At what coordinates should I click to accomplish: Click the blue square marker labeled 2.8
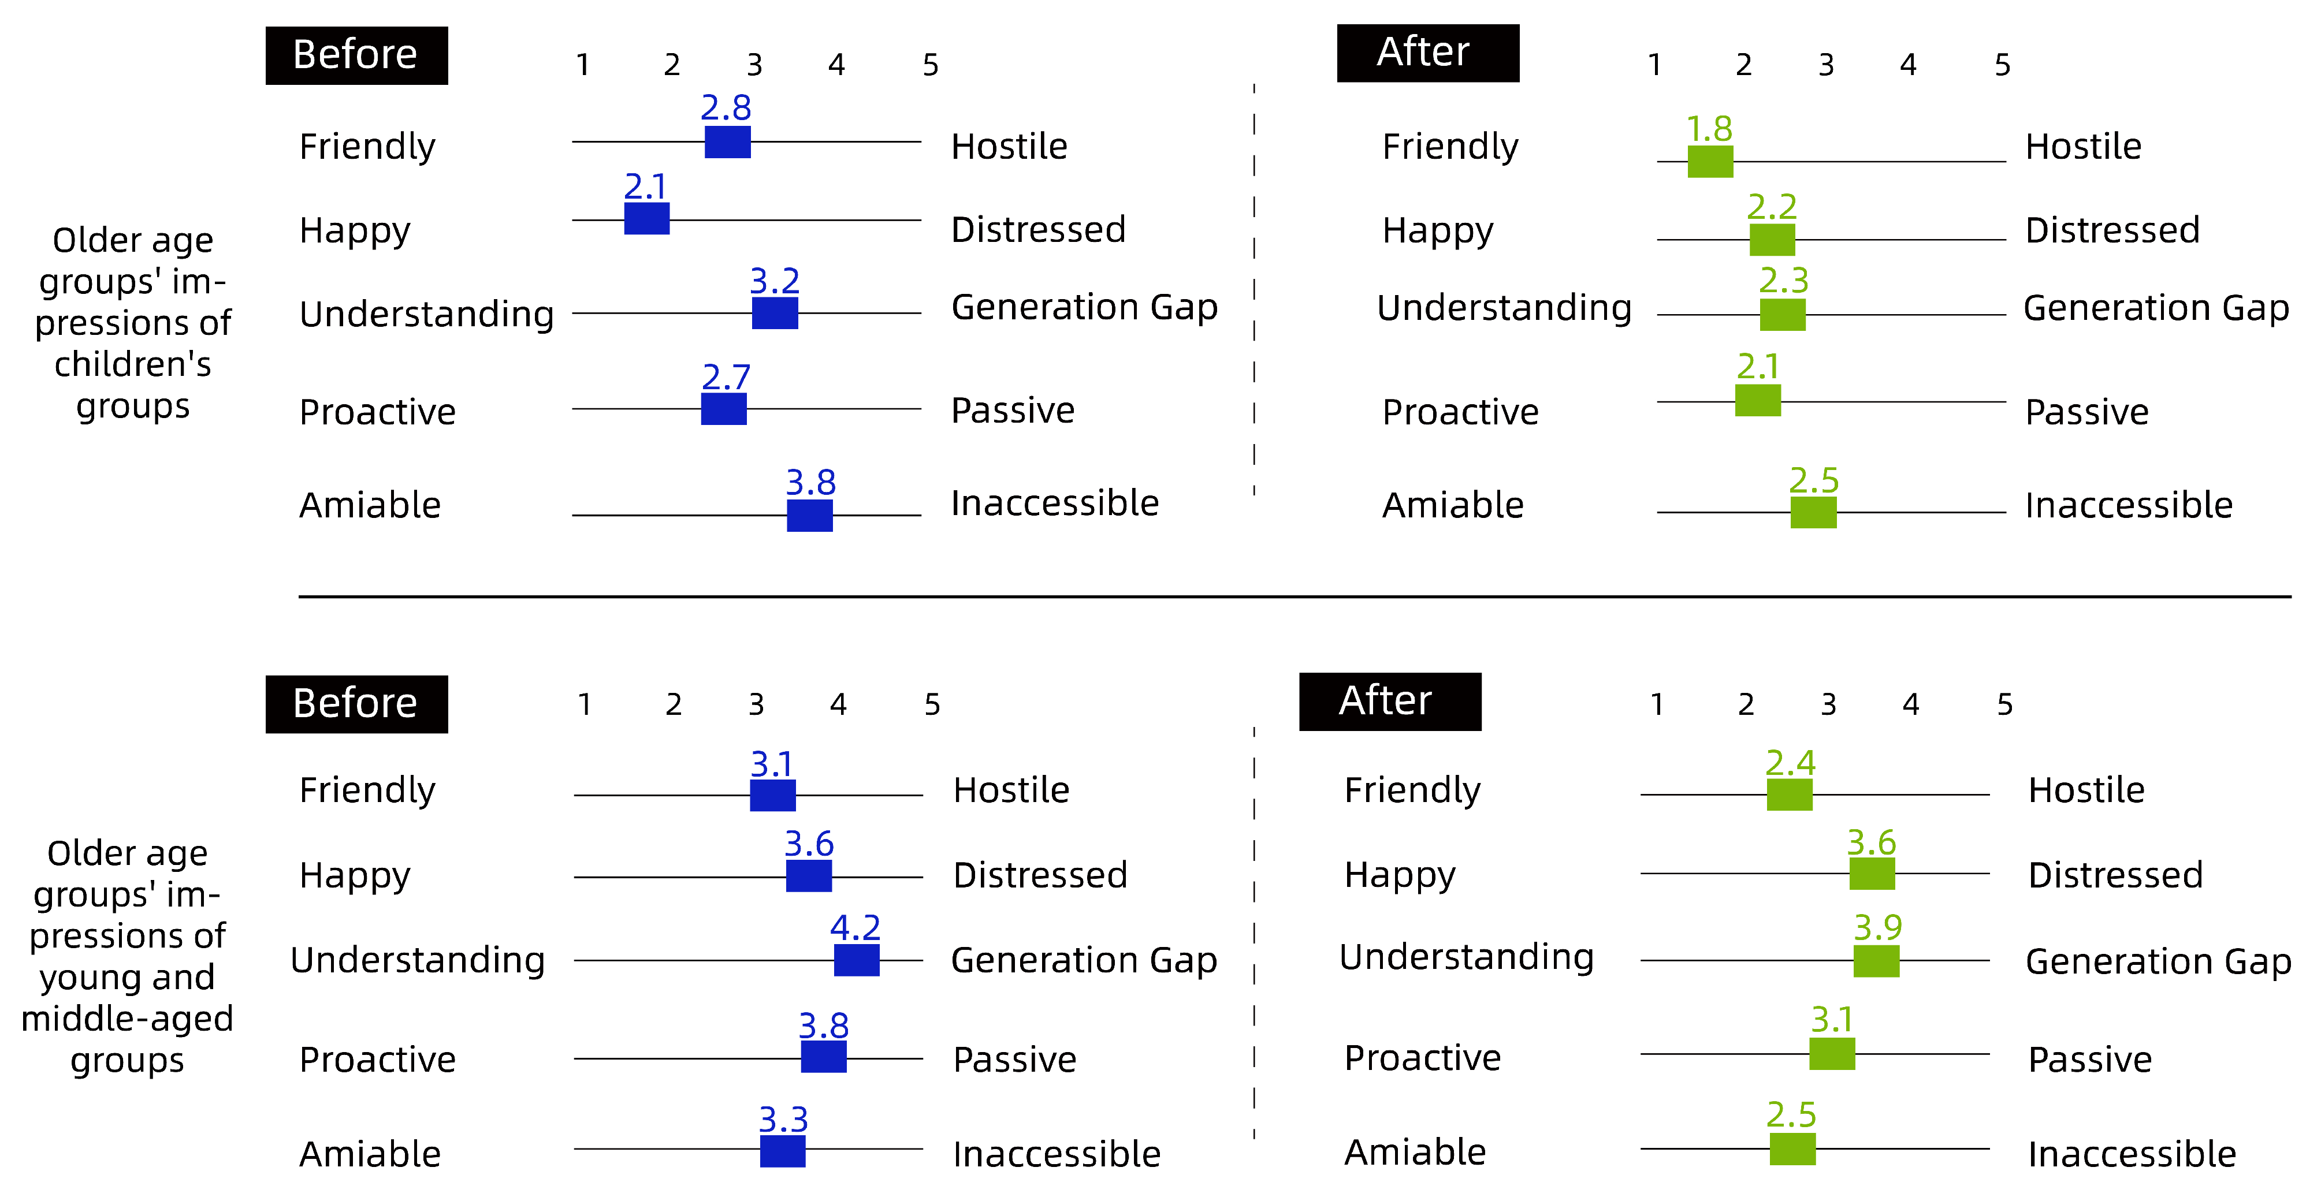pyautogui.click(x=727, y=142)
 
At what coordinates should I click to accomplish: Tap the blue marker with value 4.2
pyautogui.click(x=856, y=960)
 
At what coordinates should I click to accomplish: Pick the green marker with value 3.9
pyautogui.click(x=1876, y=961)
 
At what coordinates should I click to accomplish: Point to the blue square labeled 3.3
pyautogui.click(x=782, y=1150)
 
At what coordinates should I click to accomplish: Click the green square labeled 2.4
pyautogui.click(x=1790, y=795)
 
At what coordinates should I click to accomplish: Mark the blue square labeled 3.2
pyautogui.click(x=775, y=314)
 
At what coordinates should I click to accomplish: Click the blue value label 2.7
pyautogui.click(x=726, y=376)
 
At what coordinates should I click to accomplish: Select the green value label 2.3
pyautogui.click(x=1784, y=280)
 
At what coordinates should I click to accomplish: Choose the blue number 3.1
pyautogui.click(x=772, y=765)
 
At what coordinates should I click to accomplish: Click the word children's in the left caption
pyautogui.click(x=132, y=364)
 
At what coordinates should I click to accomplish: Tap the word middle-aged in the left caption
pyautogui.click(x=127, y=1019)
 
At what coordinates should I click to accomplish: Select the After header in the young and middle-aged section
pyautogui.click(x=1389, y=702)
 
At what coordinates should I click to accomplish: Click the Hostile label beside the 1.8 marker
pyautogui.click(x=2083, y=147)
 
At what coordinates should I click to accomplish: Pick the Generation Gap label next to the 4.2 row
pyautogui.click(x=1084, y=960)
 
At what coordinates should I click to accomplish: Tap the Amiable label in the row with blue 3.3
pyautogui.click(x=370, y=1154)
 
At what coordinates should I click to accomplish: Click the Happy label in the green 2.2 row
pyautogui.click(x=1438, y=230)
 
